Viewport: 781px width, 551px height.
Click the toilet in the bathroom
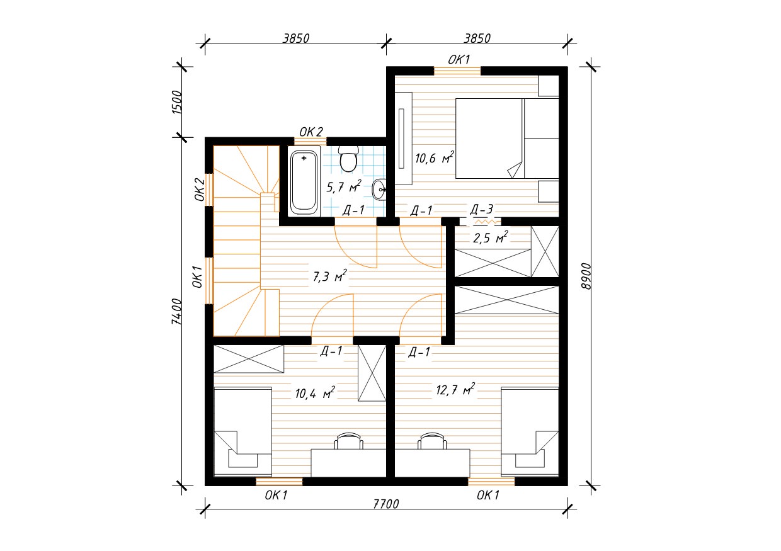tap(349, 159)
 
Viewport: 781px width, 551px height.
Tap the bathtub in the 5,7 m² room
tap(304, 181)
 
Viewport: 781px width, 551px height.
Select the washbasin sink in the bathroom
tap(379, 190)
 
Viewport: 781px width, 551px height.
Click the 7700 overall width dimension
tap(386, 504)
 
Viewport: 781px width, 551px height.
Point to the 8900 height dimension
tap(586, 276)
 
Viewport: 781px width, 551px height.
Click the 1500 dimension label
tap(177, 103)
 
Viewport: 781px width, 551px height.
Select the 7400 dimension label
tap(177, 312)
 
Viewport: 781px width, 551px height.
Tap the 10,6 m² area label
tap(435, 157)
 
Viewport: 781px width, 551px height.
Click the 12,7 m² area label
tap(455, 389)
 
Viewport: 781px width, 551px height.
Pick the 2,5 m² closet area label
tap(490, 237)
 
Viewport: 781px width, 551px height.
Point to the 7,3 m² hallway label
tap(329, 276)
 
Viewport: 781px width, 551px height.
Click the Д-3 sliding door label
tap(481, 210)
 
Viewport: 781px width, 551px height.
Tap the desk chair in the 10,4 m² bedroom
tap(349, 441)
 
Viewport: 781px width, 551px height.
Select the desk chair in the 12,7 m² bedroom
tap(432, 441)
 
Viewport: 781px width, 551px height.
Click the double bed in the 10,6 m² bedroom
tap(507, 139)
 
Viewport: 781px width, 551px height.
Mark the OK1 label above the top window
tap(459, 60)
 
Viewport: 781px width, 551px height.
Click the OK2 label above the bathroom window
tap(311, 132)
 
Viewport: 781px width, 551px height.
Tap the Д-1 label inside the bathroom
tap(353, 210)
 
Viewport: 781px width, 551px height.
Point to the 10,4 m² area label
tap(315, 393)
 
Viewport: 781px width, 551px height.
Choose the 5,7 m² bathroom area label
tap(344, 187)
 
